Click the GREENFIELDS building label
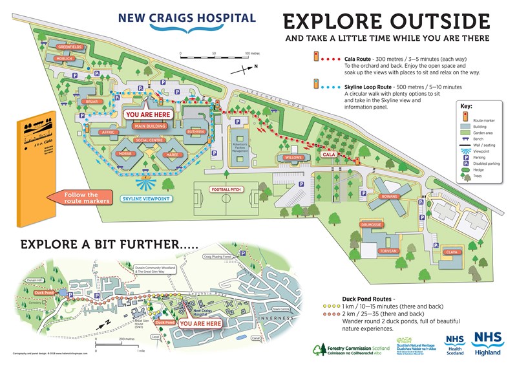pos(69,47)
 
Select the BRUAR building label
pos(89,102)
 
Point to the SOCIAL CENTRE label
pos(149,140)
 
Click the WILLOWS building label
pos(293,157)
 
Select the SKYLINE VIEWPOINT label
pos(146,199)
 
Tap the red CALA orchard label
pos(330,155)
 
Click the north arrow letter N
pos(255,66)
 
